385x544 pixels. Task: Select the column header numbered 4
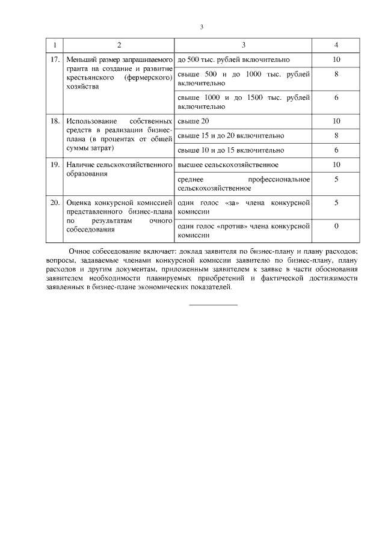pyautogui.click(x=336, y=45)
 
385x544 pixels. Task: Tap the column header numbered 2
pyautogui.click(x=119, y=45)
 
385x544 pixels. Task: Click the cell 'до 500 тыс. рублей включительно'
pyautogui.click(x=234, y=60)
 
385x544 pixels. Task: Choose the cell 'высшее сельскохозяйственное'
pyautogui.click(x=228, y=165)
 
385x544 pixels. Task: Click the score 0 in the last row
pyautogui.click(x=336, y=226)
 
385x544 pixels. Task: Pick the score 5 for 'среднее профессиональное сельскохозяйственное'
pyautogui.click(x=336, y=179)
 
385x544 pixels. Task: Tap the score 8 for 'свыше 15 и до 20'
pyautogui.click(x=336, y=136)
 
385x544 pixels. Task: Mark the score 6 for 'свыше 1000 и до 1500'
pyautogui.click(x=336, y=97)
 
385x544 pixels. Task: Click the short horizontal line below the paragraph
pyautogui.click(x=214, y=305)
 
